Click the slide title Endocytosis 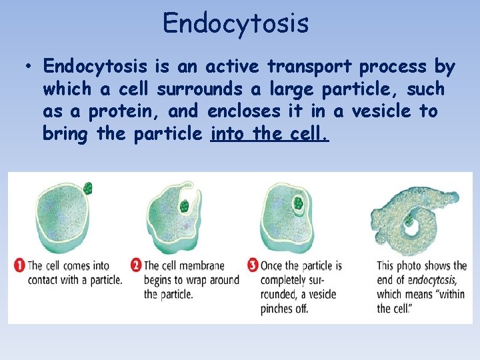coord(235,23)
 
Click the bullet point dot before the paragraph coord(27,67)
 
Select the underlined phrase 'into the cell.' coord(269,134)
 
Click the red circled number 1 coord(19,265)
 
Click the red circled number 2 coord(136,265)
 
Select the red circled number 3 coord(253,265)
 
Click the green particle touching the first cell coord(88,189)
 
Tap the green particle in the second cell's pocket coord(184,206)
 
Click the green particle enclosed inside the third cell coord(299,201)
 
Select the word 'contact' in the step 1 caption coord(43,280)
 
